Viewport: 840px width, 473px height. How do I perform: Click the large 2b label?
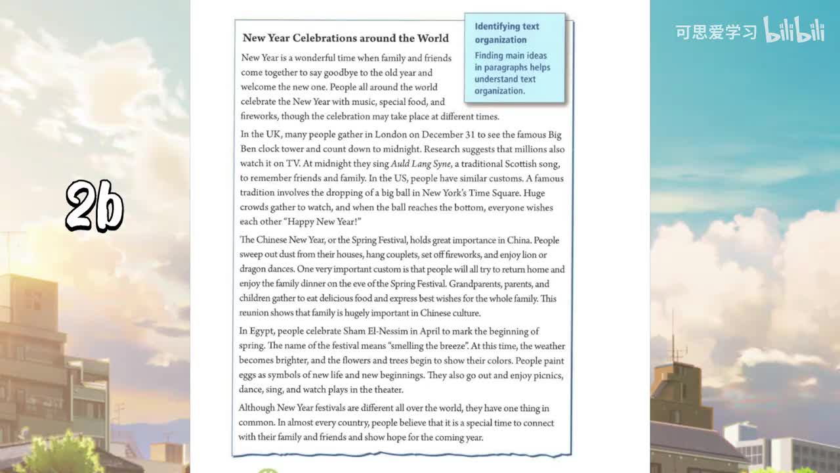(x=94, y=206)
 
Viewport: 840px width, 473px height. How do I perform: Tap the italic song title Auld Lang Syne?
(x=421, y=164)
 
